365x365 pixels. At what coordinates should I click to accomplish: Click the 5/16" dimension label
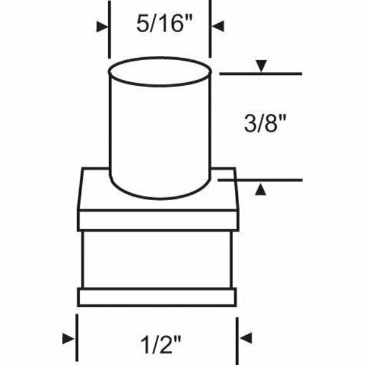tap(159, 27)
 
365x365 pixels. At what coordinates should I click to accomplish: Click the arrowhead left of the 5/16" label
tap(102, 26)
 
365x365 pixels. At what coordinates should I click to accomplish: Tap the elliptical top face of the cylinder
tap(160, 73)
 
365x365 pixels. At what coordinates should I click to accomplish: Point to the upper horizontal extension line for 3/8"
tap(268, 74)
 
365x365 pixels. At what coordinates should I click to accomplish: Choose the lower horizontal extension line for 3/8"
tap(268, 180)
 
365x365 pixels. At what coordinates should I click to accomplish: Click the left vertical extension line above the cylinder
tap(109, 30)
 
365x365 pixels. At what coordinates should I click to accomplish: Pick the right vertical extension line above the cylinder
tap(211, 30)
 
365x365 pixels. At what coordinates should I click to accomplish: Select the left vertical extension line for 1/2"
tap(77, 338)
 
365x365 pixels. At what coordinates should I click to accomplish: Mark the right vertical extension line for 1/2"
tap(237, 338)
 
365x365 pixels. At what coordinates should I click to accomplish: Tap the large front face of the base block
tap(157, 259)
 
